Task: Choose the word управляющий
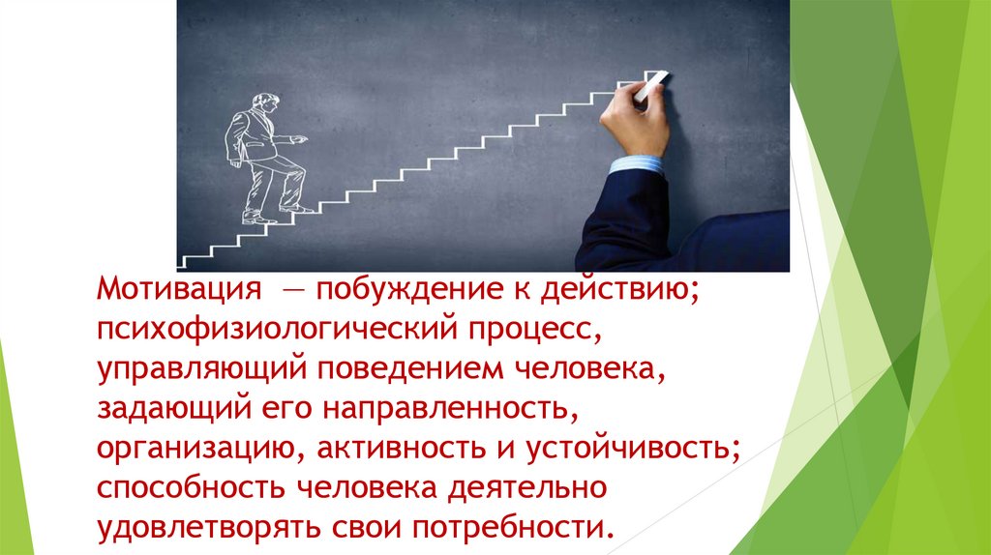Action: coord(201,370)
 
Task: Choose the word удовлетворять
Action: coord(200,528)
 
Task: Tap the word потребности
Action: coord(514,528)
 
